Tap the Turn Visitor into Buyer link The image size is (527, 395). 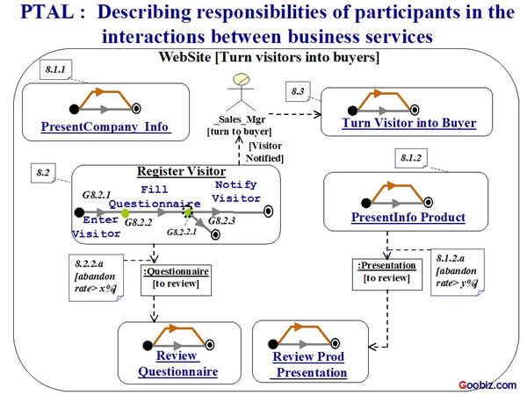[409, 123]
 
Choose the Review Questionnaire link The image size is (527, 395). [177, 363]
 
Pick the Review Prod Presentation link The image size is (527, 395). [308, 364]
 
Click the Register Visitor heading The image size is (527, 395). [182, 172]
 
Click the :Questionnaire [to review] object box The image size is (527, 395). [176, 277]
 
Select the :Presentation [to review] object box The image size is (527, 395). [382, 271]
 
